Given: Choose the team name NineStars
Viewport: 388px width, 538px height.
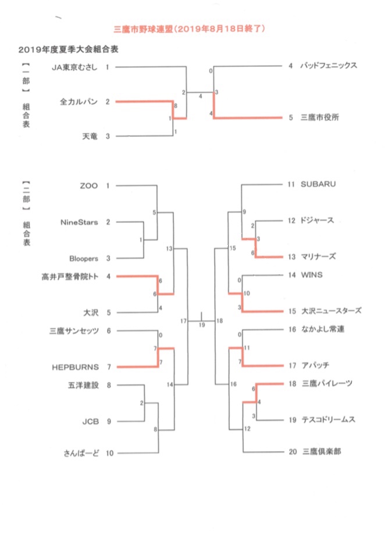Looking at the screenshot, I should click(x=79, y=222).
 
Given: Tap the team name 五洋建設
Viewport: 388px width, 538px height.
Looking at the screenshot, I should click(x=84, y=385).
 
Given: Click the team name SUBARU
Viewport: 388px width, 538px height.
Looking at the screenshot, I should click(x=318, y=185).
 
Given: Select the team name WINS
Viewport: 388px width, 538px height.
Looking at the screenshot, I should click(x=311, y=274).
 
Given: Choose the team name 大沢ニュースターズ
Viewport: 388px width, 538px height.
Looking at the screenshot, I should click(x=331, y=310).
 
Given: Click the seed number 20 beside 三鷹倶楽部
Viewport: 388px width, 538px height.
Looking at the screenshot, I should click(x=292, y=451).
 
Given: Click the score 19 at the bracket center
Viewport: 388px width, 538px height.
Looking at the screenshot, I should click(x=202, y=325).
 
